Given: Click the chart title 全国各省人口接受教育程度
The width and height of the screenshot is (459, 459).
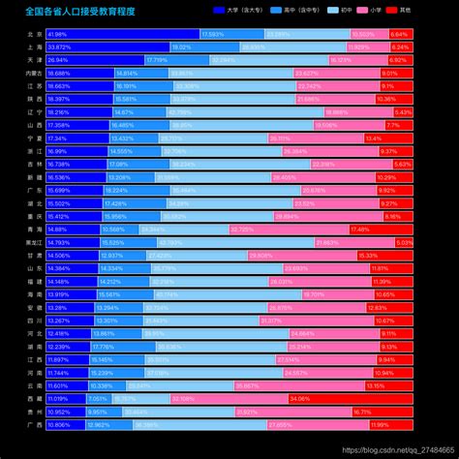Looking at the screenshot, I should tap(79, 11).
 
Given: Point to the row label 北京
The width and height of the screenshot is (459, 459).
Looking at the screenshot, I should tap(34, 34).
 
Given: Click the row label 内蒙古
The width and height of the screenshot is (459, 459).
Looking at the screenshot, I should tap(34, 74).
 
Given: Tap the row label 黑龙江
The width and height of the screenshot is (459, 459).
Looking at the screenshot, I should tap(34, 242).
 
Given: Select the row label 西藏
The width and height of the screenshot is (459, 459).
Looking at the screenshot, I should tap(34, 398).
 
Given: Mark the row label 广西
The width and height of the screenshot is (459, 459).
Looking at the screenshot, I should tap(34, 424).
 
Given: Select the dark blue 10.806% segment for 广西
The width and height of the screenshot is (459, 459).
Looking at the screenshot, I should tap(65, 424).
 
